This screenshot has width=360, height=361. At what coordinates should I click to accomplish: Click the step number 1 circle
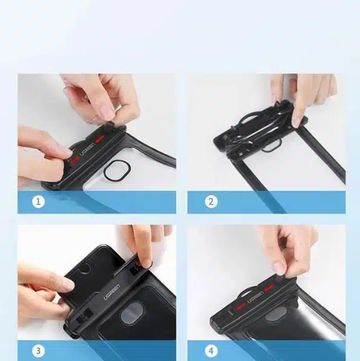39,202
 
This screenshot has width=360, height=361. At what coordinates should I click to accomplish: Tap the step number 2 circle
211,202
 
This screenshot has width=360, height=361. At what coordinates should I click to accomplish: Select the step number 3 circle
39,350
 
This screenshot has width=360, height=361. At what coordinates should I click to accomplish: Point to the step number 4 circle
211,350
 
